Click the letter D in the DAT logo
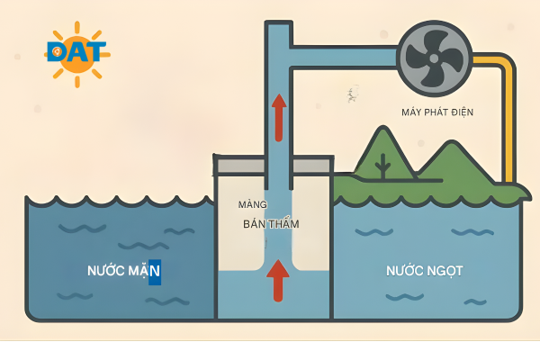(x=57, y=51)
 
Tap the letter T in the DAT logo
(x=96, y=51)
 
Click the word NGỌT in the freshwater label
(x=443, y=270)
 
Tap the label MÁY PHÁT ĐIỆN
(x=437, y=112)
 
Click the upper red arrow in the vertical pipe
(x=279, y=116)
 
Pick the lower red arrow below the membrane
(x=279, y=279)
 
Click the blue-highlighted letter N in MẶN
(x=155, y=270)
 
